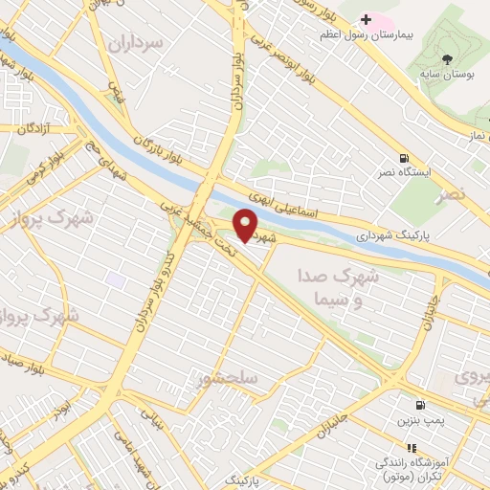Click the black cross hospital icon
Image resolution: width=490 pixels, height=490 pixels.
(366, 19)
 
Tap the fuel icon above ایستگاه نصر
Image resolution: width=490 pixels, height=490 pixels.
(405, 159)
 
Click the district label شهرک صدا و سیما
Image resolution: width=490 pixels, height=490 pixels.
(340, 286)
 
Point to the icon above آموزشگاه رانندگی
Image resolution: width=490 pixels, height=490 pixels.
(412, 447)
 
